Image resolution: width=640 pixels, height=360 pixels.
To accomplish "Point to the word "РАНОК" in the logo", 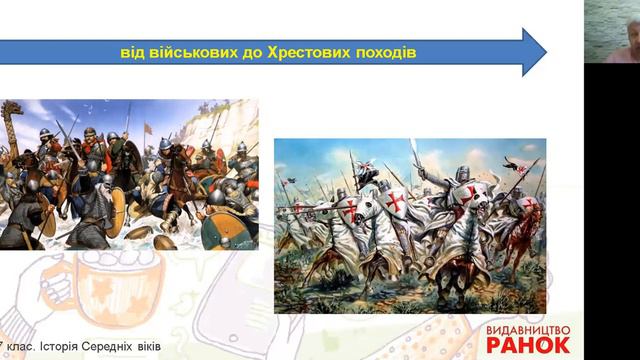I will click(x=528, y=344).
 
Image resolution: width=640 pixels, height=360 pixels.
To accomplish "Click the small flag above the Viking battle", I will click(x=149, y=127).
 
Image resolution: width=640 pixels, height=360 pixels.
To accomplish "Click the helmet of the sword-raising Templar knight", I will click(x=462, y=173).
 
